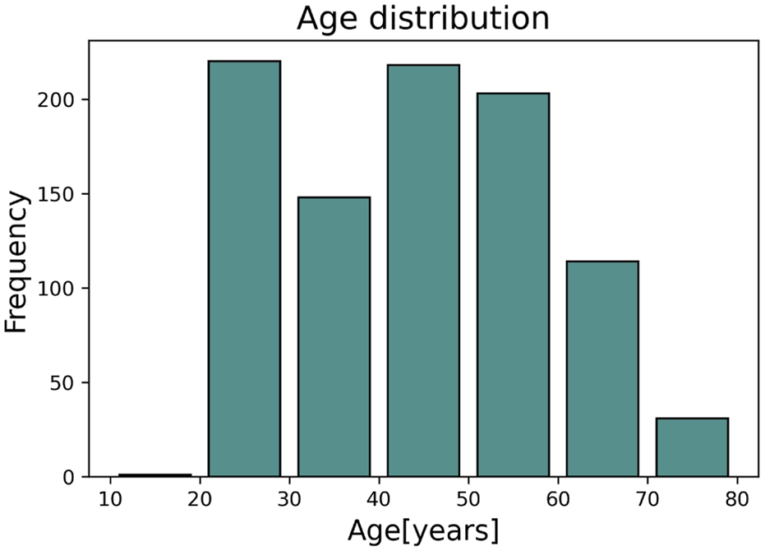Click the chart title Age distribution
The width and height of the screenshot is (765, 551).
pyautogui.click(x=422, y=18)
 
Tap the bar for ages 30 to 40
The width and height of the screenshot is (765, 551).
pyautogui.click(x=334, y=337)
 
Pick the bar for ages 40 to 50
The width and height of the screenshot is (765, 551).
pyautogui.click(x=423, y=271)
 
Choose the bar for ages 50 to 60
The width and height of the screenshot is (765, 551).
pyautogui.click(x=513, y=285)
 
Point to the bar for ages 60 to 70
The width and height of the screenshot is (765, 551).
pyautogui.click(x=602, y=369)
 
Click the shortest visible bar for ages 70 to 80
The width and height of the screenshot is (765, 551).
pyautogui.click(x=692, y=447)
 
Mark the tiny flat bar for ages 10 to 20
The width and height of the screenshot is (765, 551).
pyautogui.click(x=154, y=475)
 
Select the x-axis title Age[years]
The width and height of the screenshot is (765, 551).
pyautogui.click(x=422, y=530)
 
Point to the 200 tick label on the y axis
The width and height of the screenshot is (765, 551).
pyautogui.click(x=60, y=100)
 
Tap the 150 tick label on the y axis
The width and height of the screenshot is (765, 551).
pyautogui.click(x=60, y=195)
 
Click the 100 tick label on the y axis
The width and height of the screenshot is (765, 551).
pyautogui.click(x=60, y=289)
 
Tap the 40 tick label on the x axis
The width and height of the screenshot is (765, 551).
pyautogui.click(x=379, y=499)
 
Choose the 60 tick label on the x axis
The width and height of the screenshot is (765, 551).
pyautogui.click(x=558, y=499)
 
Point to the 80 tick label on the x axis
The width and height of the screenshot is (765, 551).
pyautogui.click(x=737, y=499)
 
